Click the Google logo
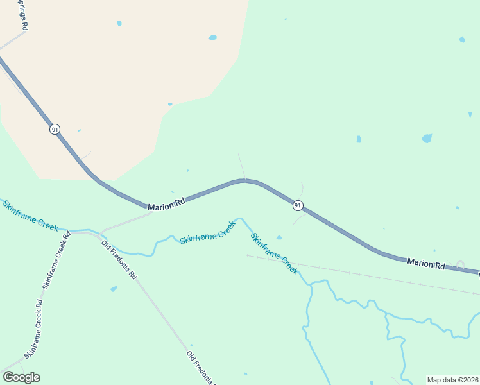tap(21, 377)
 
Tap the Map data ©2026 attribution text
tap(453, 380)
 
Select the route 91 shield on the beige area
tap(55, 129)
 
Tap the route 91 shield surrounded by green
tap(298, 205)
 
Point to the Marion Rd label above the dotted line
tap(425, 263)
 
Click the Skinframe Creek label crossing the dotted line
tap(274, 253)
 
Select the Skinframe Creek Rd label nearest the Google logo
tap(33, 329)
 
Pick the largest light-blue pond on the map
tap(427, 138)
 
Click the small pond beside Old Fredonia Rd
tap(114, 289)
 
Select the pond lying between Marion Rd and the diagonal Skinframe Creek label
tap(279, 237)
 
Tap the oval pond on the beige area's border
tap(212, 37)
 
